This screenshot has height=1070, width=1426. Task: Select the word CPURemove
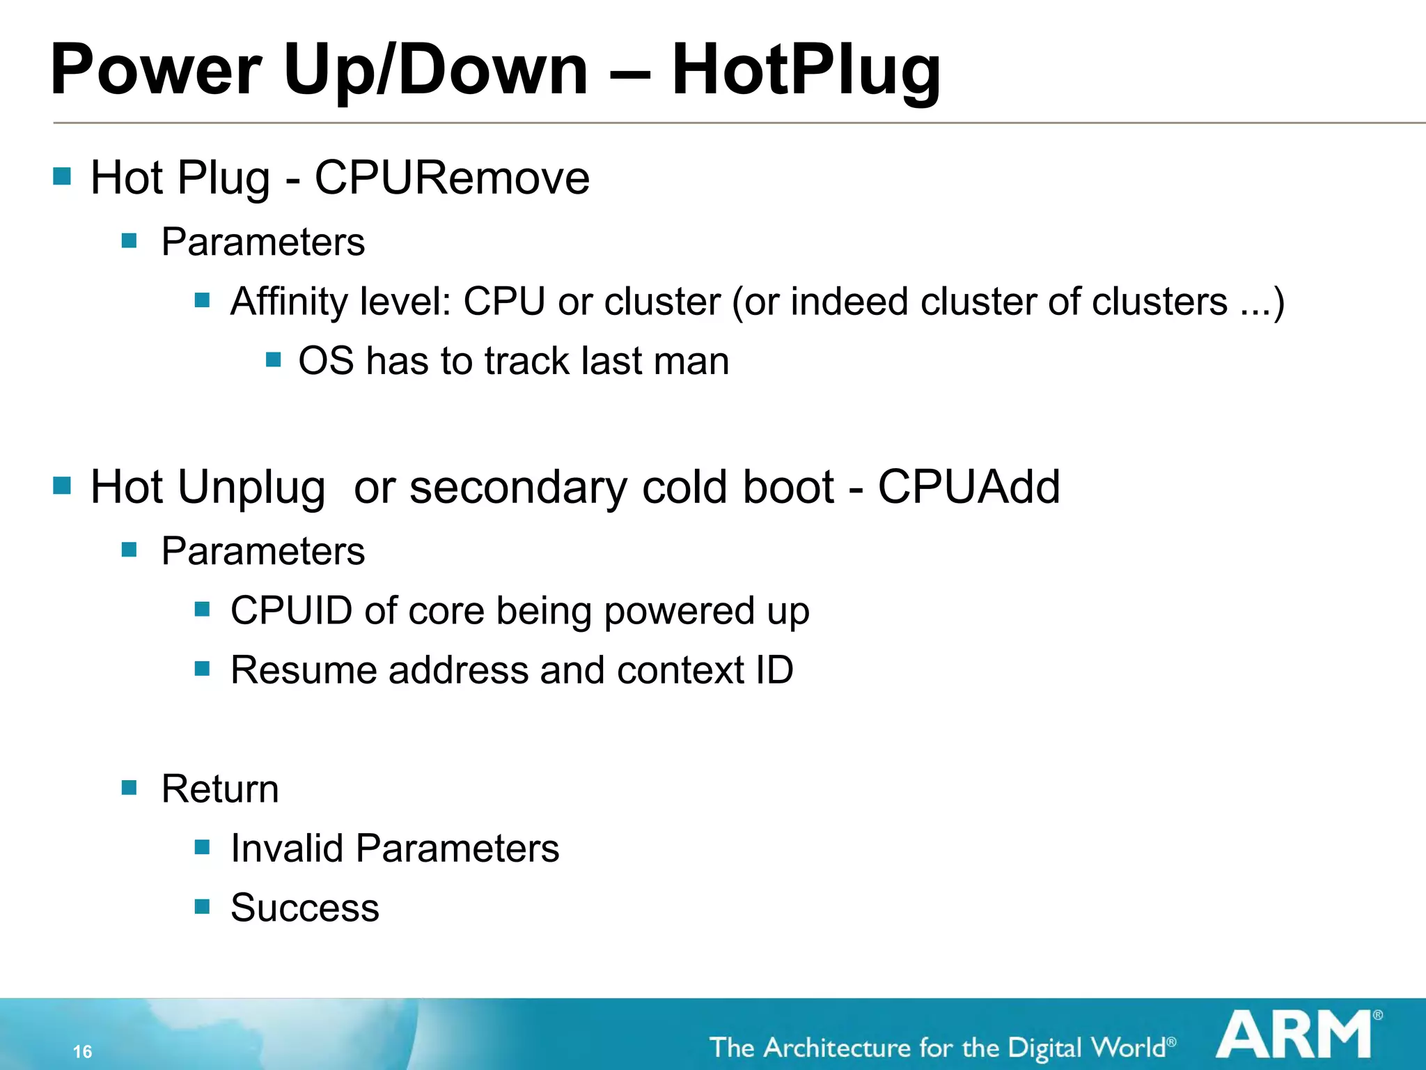point(452,178)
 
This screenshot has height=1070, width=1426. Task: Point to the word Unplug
point(251,488)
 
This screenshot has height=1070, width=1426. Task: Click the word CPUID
point(292,611)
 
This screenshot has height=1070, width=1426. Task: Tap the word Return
point(220,789)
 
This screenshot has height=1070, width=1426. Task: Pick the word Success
point(305,908)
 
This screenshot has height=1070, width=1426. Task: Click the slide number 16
point(82,1051)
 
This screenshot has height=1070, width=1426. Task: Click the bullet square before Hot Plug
point(62,176)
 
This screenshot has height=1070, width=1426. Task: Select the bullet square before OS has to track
point(273,360)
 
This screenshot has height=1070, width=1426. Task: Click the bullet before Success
point(202,906)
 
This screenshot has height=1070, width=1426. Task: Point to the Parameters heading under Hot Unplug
point(263,552)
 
